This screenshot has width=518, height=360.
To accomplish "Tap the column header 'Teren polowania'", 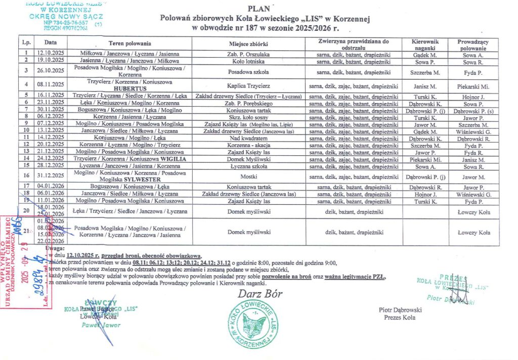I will point(133,44).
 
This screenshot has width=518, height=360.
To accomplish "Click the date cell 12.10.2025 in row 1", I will point(50,53).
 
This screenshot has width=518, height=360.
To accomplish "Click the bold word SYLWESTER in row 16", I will point(138,179).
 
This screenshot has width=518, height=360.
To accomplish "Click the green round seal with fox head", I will point(252,323).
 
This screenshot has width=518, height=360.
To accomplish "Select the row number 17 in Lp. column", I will point(26,187).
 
